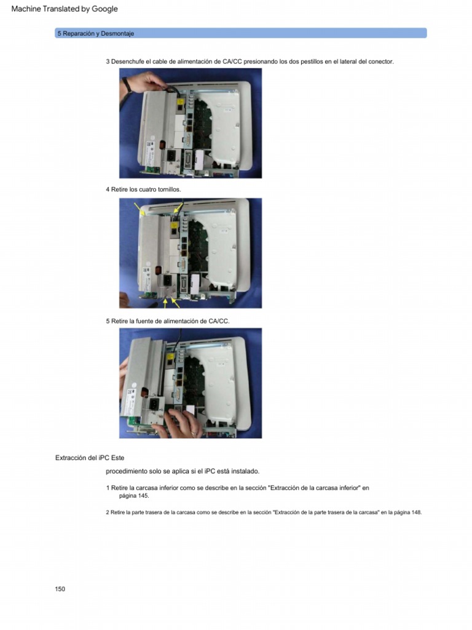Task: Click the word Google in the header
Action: point(104,9)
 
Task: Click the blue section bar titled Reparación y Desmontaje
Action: point(240,33)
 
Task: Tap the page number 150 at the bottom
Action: point(60,589)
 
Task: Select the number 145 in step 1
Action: point(143,495)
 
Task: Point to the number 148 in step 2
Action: point(416,512)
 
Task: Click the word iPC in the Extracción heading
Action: point(104,458)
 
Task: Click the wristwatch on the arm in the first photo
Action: point(127,84)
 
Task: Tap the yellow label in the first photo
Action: point(180,102)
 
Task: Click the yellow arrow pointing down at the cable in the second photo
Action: point(178,208)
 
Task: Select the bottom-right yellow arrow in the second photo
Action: point(175,303)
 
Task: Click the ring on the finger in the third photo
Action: point(194,433)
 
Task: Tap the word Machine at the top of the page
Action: point(26,9)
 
